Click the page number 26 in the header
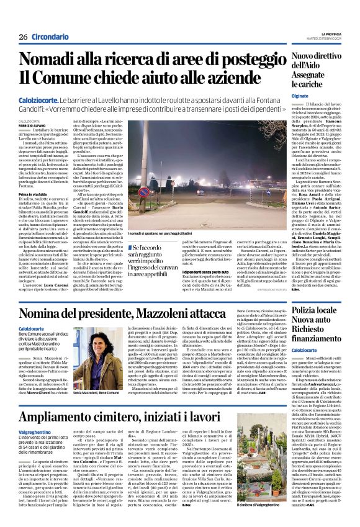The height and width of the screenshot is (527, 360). click(x=23, y=37)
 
